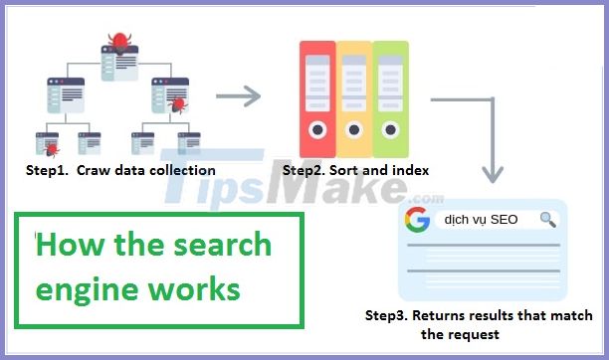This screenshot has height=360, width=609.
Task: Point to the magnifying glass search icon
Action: click(547, 220)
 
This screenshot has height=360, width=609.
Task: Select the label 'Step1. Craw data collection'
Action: click(120, 170)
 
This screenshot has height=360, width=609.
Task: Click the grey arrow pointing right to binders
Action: click(238, 96)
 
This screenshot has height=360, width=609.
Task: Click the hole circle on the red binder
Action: click(317, 128)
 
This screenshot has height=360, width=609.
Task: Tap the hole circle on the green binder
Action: click(391, 128)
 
